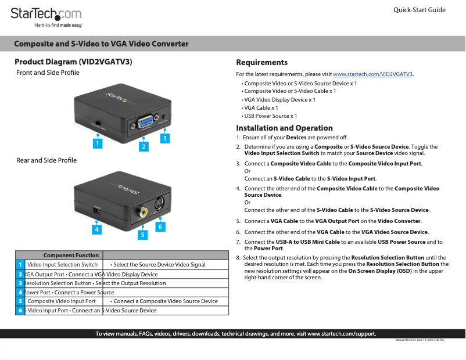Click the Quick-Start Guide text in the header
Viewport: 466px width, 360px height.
(x=419, y=10)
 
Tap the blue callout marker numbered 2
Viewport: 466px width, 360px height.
(x=143, y=147)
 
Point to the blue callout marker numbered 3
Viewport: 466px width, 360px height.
(x=165, y=138)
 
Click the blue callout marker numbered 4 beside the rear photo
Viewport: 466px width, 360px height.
(x=97, y=229)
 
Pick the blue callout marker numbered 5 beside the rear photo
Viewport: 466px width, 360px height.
(x=142, y=235)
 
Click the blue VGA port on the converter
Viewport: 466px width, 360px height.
(x=144, y=123)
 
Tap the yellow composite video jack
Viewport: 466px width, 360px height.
(x=142, y=213)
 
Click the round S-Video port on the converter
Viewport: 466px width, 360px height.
(x=159, y=204)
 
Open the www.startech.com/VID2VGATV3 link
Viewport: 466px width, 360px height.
(x=372, y=74)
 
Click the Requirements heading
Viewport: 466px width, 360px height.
(x=261, y=62)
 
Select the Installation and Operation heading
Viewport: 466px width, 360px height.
(x=284, y=128)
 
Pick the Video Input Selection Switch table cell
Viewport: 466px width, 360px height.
(x=62, y=265)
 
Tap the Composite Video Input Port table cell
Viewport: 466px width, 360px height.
(x=62, y=301)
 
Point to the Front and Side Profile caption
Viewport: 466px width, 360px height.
(x=48, y=73)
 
